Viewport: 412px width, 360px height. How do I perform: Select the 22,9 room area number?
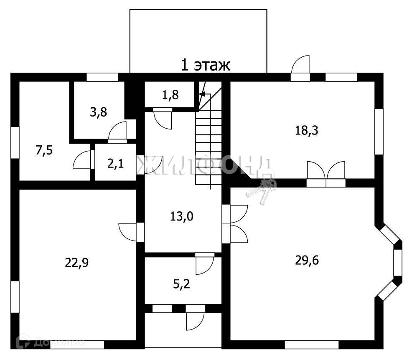(x=77, y=263)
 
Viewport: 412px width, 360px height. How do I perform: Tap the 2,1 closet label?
(x=115, y=164)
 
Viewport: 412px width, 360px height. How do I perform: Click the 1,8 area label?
(x=170, y=95)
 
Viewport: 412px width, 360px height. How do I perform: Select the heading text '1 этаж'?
(x=205, y=65)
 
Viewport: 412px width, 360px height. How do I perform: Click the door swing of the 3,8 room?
(x=117, y=130)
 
